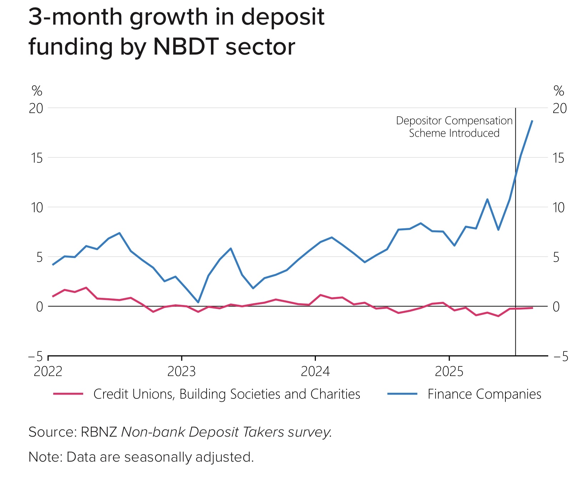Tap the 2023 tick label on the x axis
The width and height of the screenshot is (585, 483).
[x=181, y=372]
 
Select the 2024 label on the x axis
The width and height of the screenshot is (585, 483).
[x=315, y=372]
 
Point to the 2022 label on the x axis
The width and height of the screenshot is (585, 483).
[x=48, y=372]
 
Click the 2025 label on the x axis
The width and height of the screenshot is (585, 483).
[x=449, y=372]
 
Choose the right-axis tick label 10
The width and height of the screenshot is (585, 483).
[x=559, y=207]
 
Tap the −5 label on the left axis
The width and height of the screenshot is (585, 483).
[x=35, y=356]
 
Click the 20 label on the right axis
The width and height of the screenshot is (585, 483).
[x=559, y=108]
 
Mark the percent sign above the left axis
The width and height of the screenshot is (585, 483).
[x=37, y=91]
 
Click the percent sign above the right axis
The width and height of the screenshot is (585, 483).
[x=559, y=91]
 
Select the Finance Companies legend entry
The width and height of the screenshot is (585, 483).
[x=484, y=394]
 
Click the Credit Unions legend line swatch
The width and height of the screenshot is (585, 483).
[x=68, y=394]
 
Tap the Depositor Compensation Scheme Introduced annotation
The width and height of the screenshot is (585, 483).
[x=454, y=127]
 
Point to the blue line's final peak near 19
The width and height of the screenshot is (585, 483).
[x=532, y=121]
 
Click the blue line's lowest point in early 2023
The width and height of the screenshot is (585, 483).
[x=198, y=302]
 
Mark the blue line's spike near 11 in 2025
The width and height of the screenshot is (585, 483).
[x=487, y=199]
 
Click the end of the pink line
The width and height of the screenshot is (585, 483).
[x=532, y=307]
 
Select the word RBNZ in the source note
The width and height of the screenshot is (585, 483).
[x=99, y=432]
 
